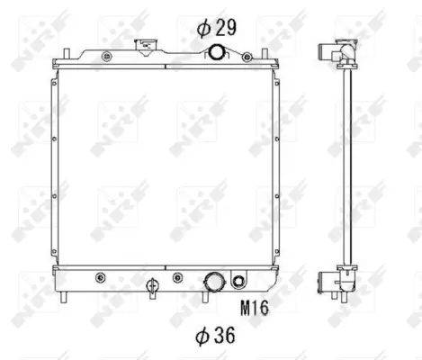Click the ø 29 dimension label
pos(217,28)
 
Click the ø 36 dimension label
pos(215,335)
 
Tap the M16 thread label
pos(255,308)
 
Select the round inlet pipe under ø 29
pos(216,52)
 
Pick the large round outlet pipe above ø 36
pos(214,283)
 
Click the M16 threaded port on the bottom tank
pos(238,281)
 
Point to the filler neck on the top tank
pos(146,48)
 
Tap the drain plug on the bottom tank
pos(152,286)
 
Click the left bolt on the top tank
pos(107,56)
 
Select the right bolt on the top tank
pos(247,57)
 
